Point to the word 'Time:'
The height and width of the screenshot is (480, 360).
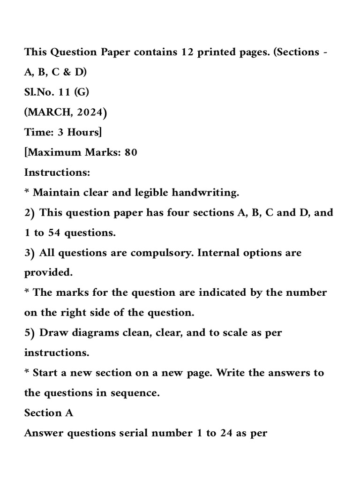[39, 133]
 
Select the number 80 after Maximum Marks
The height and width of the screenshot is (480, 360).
[131, 152]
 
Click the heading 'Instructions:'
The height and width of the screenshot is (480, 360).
[57, 172]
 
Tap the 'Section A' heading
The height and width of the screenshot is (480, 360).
[49, 413]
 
